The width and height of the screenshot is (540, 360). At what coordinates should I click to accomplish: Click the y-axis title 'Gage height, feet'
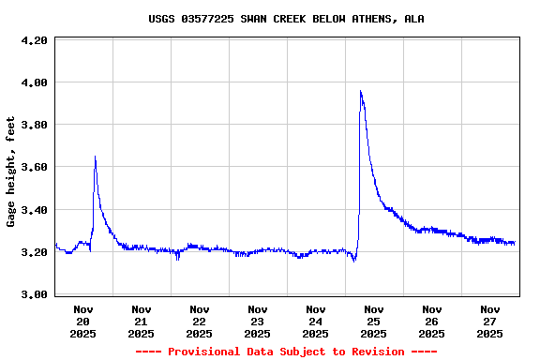[x=11, y=172]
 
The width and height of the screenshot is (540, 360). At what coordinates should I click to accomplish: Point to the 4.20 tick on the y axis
[x=34, y=41]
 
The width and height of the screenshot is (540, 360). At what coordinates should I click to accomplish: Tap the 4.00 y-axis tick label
[x=34, y=83]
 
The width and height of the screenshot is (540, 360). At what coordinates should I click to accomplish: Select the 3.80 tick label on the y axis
[x=34, y=126]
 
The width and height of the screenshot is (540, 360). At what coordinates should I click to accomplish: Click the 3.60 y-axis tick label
[x=34, y=168]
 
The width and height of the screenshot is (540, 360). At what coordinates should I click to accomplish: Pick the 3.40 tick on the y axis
[x=34, y=211]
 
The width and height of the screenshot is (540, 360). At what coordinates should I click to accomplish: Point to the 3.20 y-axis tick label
[x=34, y=253]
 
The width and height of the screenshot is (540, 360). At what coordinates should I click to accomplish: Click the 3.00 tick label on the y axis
[x=34, y=295]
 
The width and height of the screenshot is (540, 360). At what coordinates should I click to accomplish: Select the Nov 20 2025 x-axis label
[x=83, y=321]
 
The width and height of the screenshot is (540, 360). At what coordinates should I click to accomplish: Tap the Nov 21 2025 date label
[x=142, y=321]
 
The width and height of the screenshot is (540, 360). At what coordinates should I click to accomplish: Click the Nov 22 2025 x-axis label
[x=200, y=321]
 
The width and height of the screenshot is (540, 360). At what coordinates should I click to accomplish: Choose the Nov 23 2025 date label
[x=258, y=321]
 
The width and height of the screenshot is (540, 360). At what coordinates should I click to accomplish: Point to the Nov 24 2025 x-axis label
[x=316, y=321]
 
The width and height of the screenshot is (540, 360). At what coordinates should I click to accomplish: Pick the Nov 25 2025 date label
[x=374, y=321]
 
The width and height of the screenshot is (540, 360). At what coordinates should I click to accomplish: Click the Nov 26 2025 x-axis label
[x=432, y=321]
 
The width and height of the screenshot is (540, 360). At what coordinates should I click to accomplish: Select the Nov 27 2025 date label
[x=490, y=321]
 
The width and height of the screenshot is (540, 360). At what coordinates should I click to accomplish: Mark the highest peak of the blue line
[x=361, y=91]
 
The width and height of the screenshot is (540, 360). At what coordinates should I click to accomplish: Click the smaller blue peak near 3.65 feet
[x=96, y=157]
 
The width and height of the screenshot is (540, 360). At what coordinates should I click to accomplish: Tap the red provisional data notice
[x=286, y=352]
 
